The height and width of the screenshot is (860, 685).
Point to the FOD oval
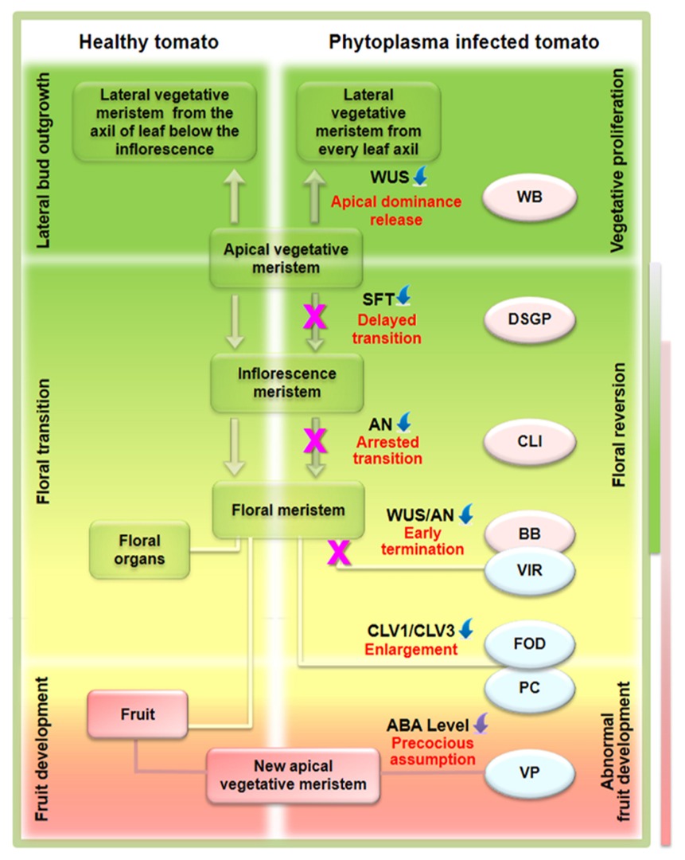(x=528, y=641)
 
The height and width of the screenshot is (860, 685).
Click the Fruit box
(x=138, y=714)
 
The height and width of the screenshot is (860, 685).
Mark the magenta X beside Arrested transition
(x=315, y=439)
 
